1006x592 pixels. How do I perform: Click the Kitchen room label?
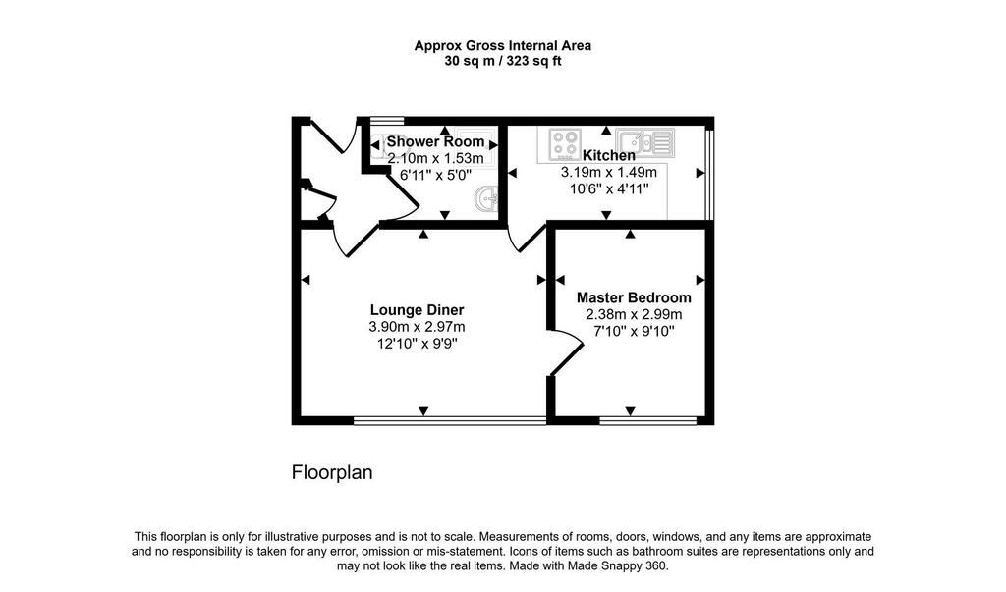(x=609, y=155)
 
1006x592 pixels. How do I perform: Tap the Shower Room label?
(x=435, y=141)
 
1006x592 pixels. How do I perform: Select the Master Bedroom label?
(x=634, y=297)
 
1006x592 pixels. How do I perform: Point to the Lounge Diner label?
(x=417, y=310)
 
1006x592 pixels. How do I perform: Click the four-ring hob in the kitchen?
(x=565, y=143)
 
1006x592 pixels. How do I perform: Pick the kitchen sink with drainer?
(x=644, y=143)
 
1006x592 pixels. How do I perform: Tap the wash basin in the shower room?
(x=487, y=198)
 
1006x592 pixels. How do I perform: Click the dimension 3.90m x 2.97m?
(x=417, y=327)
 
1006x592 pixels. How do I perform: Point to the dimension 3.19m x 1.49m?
(x=609, y=172)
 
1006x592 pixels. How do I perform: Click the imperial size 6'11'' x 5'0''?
(x=435, y=175)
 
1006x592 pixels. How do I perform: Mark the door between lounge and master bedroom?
(x=565, y=351)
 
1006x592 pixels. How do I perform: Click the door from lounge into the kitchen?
(x=526, y=238)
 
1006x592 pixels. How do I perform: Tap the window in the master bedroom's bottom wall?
(x=648, y=421)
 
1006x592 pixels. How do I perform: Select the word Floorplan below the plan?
(x=332, y=472)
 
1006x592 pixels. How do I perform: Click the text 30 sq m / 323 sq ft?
(x=503, y=62)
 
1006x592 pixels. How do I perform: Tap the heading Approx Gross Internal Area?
(x=503, y=45)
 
